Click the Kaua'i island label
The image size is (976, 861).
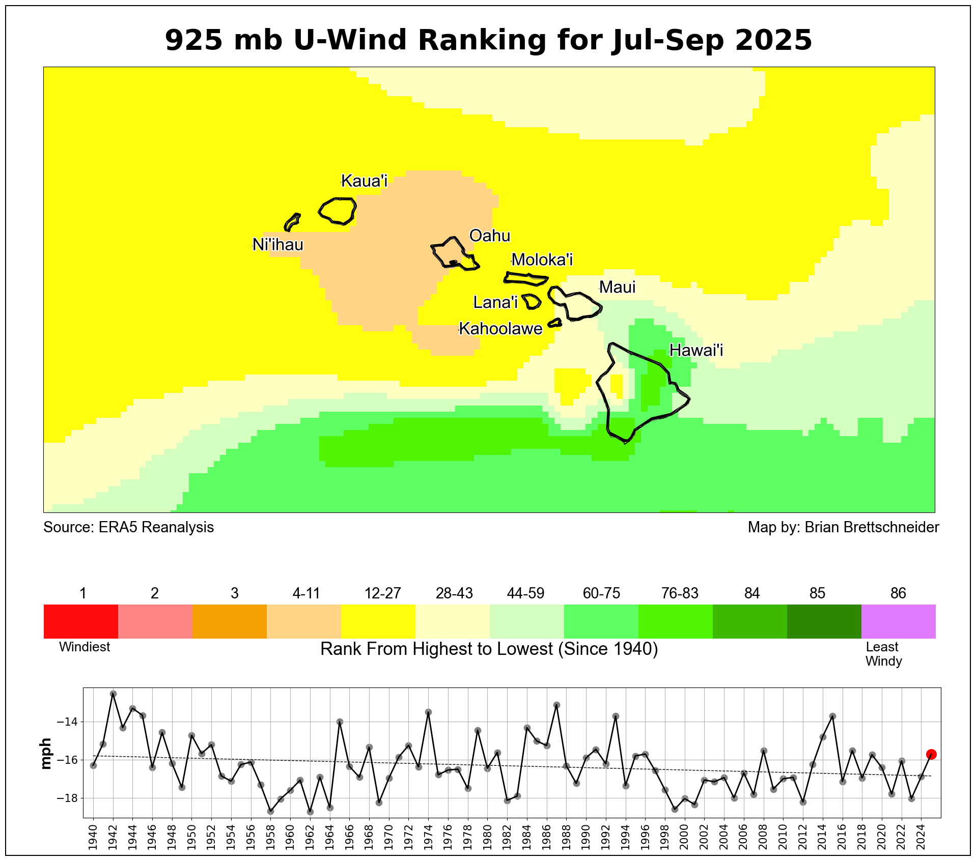364,181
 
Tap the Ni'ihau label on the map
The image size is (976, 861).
278,245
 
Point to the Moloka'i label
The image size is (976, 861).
542,260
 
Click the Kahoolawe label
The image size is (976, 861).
500,329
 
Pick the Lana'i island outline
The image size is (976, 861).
531,301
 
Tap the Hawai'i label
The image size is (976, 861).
696,350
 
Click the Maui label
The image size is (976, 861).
617,287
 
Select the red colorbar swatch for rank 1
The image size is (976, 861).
80,621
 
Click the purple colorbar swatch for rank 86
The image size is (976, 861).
898,621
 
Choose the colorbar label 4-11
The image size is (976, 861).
306,593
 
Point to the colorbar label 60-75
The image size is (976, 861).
601,593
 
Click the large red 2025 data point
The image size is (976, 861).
931,754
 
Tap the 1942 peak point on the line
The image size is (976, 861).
113,694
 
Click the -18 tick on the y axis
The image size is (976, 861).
67,798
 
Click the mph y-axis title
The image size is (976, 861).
46,753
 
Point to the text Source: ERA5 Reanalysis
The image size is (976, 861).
128,527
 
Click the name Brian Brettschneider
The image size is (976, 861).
872,527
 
